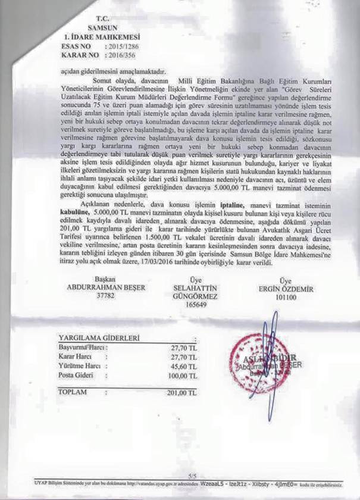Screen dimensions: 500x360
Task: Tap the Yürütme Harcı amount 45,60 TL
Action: coord(183,366)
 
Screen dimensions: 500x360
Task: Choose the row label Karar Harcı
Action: coord(74,356)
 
